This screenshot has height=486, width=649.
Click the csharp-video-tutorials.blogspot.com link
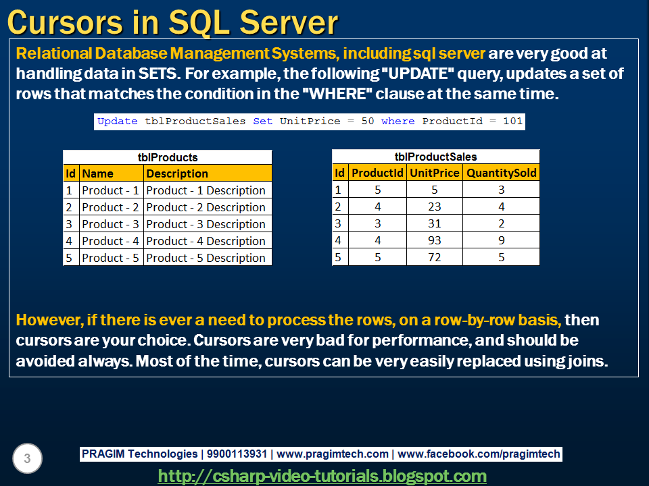[322, 476]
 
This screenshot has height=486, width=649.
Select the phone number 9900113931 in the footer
[235, 454]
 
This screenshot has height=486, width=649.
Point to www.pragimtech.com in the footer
[333, 454]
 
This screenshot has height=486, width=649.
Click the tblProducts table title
[168, 157]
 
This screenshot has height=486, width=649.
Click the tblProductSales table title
[436, 157]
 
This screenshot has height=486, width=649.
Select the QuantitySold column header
[501, 173]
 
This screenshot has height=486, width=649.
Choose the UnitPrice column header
[434, 173]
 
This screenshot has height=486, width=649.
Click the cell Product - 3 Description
[206, 224]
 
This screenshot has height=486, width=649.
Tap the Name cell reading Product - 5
[110, 258]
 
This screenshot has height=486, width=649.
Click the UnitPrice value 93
[434, 240]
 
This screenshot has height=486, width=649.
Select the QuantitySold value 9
[501, 240]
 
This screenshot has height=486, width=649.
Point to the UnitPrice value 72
[434, 257]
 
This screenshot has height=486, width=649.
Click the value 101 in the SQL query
[512, 122]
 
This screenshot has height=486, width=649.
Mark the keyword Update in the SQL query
[118, 122]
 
